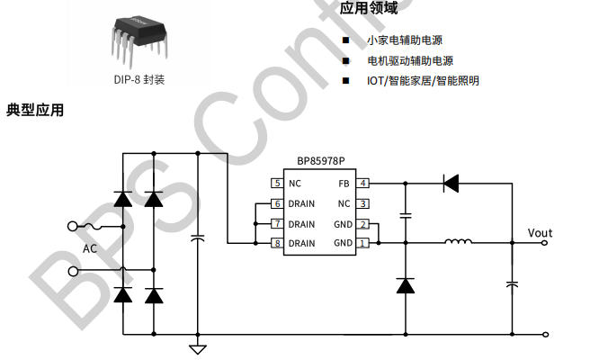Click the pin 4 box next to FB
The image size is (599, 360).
click(363, 183)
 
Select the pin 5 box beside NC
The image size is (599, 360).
click(277, 183)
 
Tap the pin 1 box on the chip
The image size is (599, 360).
click(363, 243)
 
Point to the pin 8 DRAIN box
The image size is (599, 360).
click(277, 243)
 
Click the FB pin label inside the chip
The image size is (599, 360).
click(344, 183)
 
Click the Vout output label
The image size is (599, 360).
click(540, 233)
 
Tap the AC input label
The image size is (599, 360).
click(90, 248)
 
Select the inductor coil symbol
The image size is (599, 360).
click(459, 241)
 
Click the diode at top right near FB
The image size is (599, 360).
click(451, 183)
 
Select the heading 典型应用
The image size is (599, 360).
click(35, 111)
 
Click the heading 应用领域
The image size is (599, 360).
click(369, 9)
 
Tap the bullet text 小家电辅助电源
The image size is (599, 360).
click(404, 40)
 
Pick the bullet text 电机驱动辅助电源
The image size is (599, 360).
click(409, 60)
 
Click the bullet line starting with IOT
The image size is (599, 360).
click(423, 80)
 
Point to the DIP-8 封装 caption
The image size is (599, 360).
click(139, 78)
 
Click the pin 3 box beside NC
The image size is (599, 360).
click(363, 203)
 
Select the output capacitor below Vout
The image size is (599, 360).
click(512, 284)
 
